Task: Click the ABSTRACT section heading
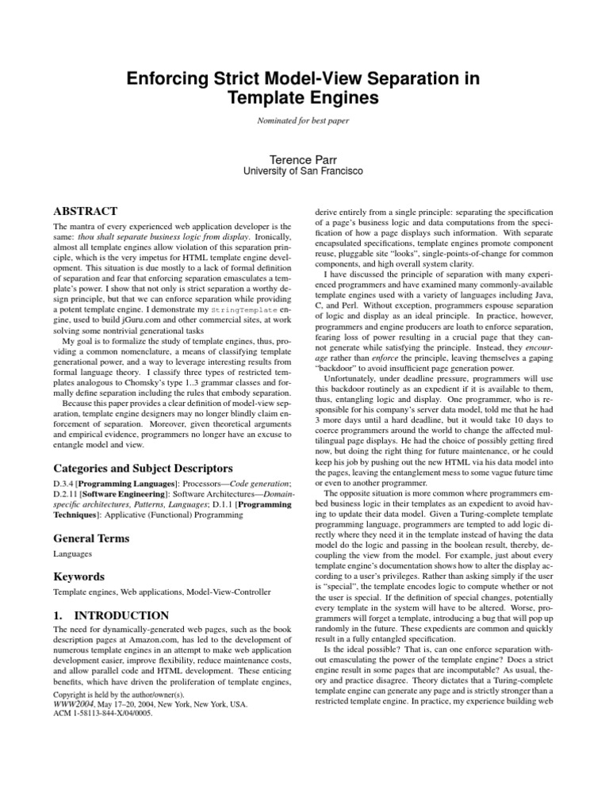[x=85, y=211]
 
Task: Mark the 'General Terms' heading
[x=91, y=538]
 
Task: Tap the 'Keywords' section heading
[x=80, y=576]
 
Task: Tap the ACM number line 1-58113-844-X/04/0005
[x=102, y=712]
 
